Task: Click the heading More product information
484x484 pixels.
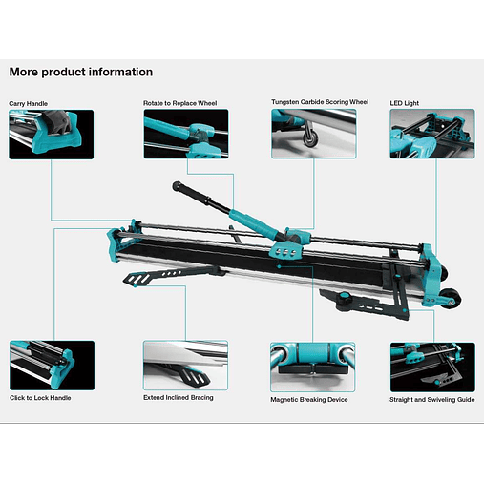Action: coord(81,72)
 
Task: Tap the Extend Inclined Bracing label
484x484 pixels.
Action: coord(179,397)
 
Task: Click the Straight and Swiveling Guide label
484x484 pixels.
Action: coord(432,399)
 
